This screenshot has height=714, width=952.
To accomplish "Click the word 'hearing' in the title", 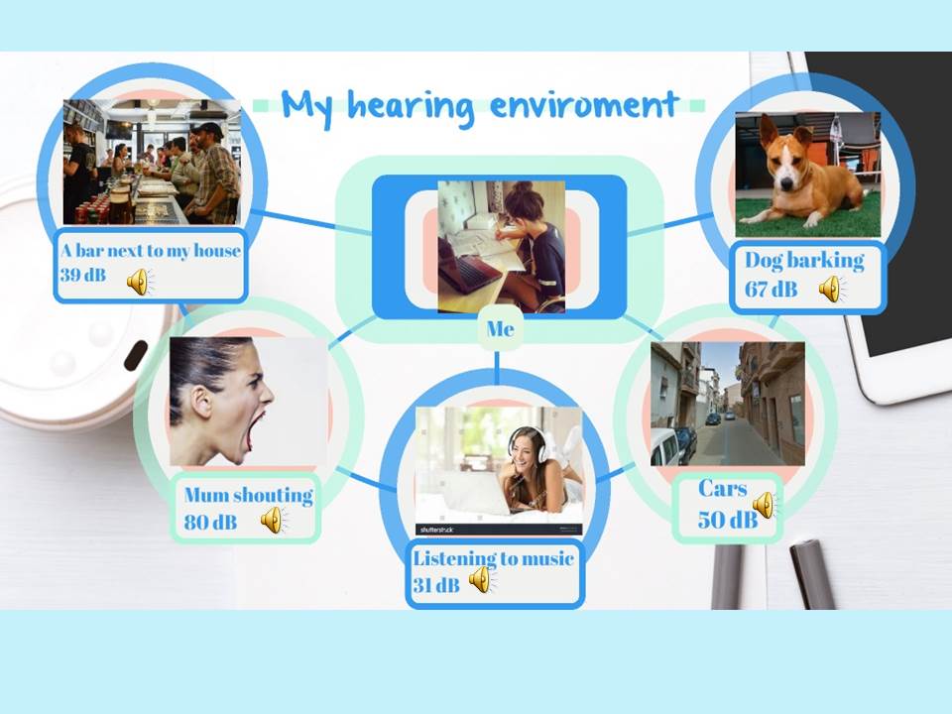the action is pyautogui.click(x=411, y=107).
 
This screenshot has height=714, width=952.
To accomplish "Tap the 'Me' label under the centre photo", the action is pyautogui.click(x=500, y=328).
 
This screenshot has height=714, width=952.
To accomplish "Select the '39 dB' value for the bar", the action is pyautogui.click(x=83, y=275).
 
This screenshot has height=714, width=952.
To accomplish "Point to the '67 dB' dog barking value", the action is pyautogui.click(x=772, y=289).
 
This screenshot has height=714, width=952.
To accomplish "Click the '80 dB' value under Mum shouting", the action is pyautogui.click(x=210, y=522).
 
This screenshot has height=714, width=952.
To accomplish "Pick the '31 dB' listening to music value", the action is pyautogui.click(x=436, y=585).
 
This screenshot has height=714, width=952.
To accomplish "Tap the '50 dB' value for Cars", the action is pyautogui.click(x=727, y=519).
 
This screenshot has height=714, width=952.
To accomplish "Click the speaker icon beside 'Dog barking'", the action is pyautogui.click(x=831, y=289).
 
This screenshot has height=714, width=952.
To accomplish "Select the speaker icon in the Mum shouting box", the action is pyautogui.click(x=274, y=520).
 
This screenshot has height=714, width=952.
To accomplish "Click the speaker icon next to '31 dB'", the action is pyautogui.click(x=482, y=579).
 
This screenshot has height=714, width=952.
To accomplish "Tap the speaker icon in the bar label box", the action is pyautogui.click(x=140, y=282).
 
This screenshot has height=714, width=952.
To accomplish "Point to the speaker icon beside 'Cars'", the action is pyautogui.click(x=765, y=505).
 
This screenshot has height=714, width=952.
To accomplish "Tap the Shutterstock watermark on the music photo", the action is pyautogui.click(x=437, y=530).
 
